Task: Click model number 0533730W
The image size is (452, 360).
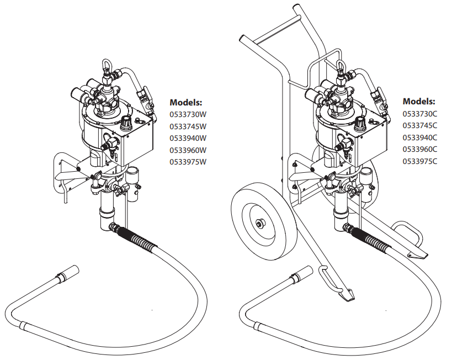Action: (x=188, y=114)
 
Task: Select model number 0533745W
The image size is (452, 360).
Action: (x=188, y=126)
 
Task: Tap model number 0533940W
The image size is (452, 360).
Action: (x=188, y=138)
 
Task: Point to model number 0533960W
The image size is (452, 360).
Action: (x=188, y=150)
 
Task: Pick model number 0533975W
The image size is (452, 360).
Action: (x=188, y=162)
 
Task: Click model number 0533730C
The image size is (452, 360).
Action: (x=419, y=114)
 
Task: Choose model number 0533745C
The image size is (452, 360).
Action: (x=419, y=125)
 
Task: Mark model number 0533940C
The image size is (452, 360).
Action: (x=419, y=137)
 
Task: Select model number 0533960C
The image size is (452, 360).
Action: (x=419, y=149)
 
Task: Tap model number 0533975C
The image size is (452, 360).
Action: (x=419, y=161)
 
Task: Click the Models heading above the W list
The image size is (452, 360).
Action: (x=186, y=102)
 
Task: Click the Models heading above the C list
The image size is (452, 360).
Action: (x=419, y=101)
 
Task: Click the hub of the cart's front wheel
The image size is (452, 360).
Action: (x=259, y=223)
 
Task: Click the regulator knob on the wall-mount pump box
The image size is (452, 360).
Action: (x=126, y=120)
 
